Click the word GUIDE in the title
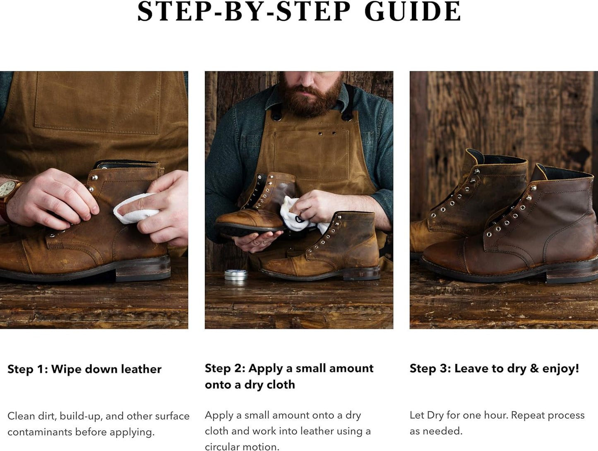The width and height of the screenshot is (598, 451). point(413,12)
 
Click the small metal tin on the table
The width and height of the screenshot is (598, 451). point(236,275)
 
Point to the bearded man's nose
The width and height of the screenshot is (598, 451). point(309,79)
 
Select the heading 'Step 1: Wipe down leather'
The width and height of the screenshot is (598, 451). point(84,369)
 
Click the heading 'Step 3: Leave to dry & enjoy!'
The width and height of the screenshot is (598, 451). point(495,369)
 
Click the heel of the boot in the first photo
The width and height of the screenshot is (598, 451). point(143,269)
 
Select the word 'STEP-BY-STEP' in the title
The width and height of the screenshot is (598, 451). point(244,12)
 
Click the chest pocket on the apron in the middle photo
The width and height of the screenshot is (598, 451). point(311,154)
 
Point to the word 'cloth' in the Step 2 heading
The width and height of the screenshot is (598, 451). point(281,384)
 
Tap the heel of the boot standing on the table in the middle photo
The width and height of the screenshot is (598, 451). point(362,272)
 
